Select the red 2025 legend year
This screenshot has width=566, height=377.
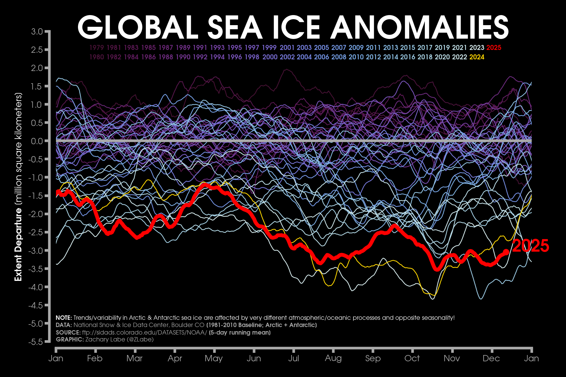[x=494, y=48]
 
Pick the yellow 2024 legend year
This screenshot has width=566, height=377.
[x=477, y=57]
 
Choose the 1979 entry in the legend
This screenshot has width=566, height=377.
[x=97, y=48]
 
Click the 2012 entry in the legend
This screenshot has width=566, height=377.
[x=373, y=57]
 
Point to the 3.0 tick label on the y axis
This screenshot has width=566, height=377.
[x=37, y=31]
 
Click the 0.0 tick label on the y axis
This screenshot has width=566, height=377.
[x=37, y=141]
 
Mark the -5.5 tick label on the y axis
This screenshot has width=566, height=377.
[x=36, y=342]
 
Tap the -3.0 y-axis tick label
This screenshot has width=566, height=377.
[x=36, y=251]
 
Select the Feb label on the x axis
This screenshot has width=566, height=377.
[x=95, y=358]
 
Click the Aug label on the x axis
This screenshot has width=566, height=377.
[x=333, y=358]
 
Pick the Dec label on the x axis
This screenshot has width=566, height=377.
[x=491, y=358]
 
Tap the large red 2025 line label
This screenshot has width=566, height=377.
[x=530, y=246]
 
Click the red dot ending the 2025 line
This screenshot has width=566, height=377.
[x=506, y=252]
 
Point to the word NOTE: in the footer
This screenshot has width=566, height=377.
[x=64, y=318]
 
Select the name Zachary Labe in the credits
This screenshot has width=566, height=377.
[x=105, y=340]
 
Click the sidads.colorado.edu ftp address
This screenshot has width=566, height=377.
[x=144, y=332]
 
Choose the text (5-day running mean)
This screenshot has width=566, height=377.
[x=240, y=332]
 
